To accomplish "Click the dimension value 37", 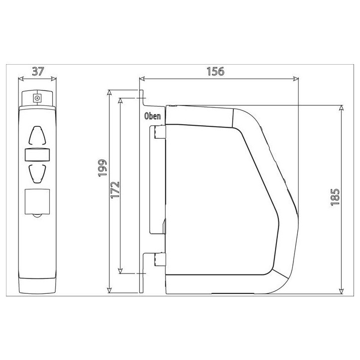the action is pos(37,72).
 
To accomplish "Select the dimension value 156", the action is pos(215,72).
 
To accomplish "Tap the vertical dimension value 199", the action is pos(102,168).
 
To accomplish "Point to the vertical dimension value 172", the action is pos(115,190).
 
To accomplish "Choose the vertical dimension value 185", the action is pos(335,197).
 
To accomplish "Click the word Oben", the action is pos(152,116).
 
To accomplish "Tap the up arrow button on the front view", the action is pos(37,135).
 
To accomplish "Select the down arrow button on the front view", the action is pos(37,174).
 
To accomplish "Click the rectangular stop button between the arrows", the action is pos(37,155).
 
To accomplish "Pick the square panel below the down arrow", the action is pos(37,201).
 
